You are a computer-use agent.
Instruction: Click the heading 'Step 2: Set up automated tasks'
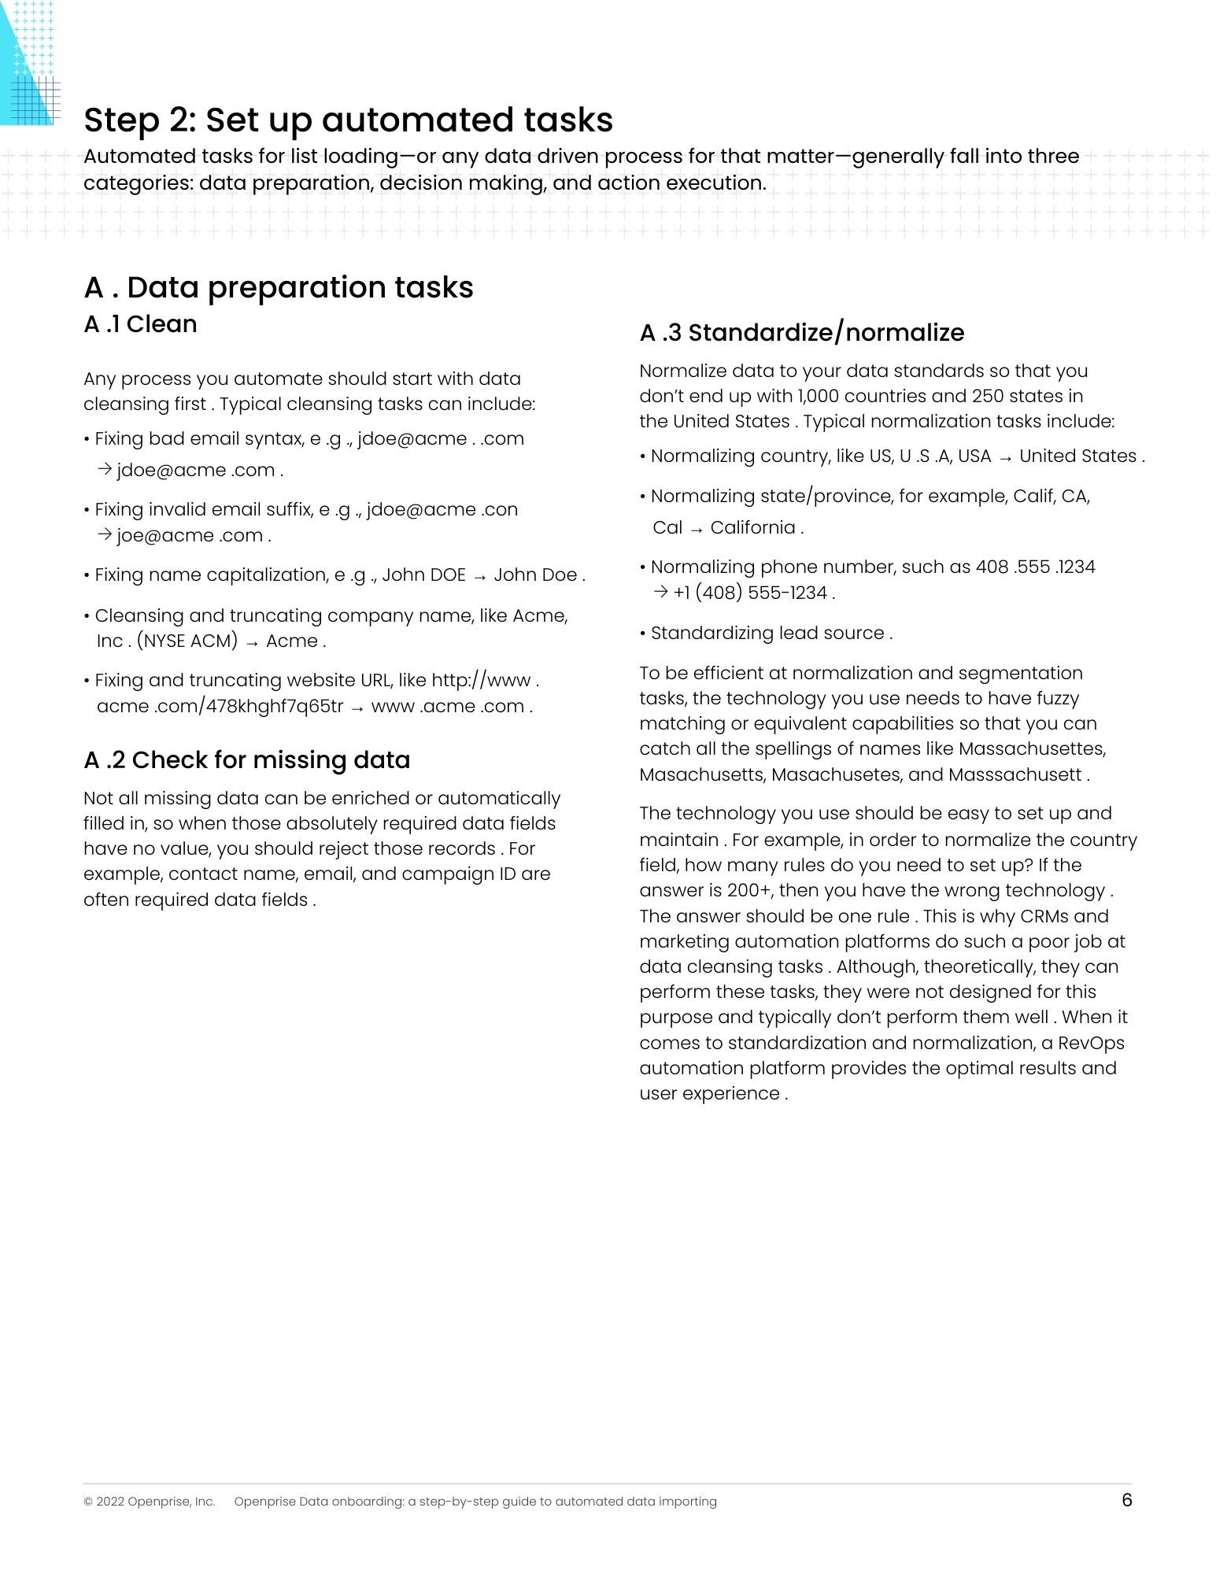348,120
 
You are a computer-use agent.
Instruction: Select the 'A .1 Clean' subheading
140,324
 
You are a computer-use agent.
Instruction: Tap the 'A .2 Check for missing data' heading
246,760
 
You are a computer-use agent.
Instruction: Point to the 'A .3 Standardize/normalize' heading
801,333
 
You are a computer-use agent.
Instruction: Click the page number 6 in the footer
1126,1500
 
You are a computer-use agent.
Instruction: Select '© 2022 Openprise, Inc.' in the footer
149,1502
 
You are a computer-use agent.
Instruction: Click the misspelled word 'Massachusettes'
1032,749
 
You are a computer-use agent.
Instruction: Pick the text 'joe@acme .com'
190,536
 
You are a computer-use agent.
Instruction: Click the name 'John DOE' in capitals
423,575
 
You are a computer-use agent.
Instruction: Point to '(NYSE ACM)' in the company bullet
187,641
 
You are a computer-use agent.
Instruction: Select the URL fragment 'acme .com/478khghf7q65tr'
220,707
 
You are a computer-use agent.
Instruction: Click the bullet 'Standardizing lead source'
771,634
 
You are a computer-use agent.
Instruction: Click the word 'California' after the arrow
752,528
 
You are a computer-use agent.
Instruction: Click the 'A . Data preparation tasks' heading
279,288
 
